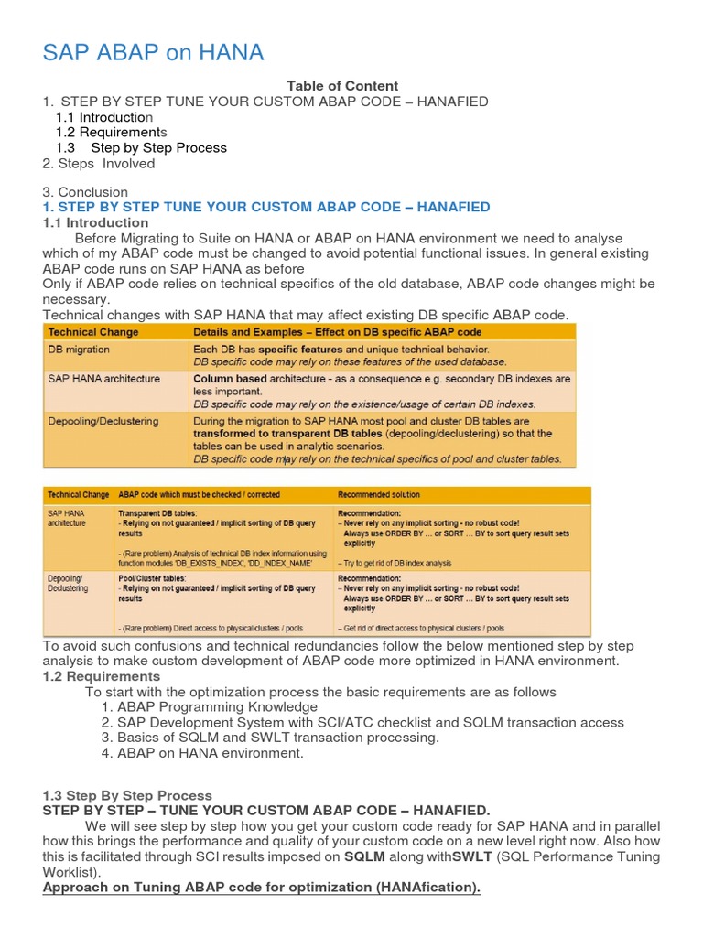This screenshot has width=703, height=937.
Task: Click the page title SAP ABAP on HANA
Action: [153, 53]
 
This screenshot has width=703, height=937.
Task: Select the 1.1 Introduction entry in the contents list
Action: [104, 117]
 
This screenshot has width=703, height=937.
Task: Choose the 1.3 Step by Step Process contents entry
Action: [141, 148]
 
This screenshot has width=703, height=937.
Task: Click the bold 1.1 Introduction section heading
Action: [95, 222]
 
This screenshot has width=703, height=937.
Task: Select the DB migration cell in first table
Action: [79, 350]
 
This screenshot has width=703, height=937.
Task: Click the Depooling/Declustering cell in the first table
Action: [103, 421]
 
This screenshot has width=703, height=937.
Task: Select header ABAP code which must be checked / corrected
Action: [209, 494]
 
